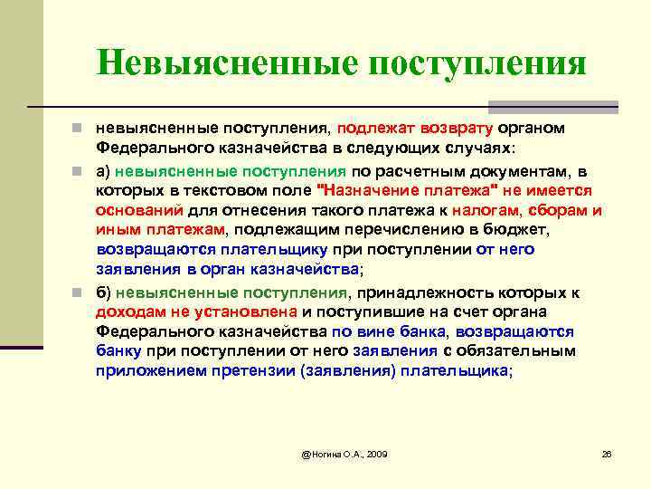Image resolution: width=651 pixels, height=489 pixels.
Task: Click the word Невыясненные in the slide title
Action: [220, 63]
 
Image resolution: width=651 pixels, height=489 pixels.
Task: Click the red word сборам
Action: [555, 210]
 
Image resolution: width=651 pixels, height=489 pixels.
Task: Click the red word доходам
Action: [132, 312]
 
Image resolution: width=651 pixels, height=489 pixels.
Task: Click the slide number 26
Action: [607, 452]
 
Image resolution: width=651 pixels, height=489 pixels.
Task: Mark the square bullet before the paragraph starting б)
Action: [81, 292]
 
